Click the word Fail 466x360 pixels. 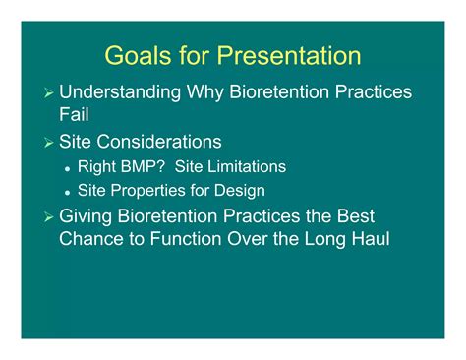tap(75, 115)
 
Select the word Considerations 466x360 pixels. tap(158, 142)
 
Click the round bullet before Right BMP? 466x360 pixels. tap(67, 168)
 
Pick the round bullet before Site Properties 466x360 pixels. tap(67, 192)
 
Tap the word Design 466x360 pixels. tap(241, 191)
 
